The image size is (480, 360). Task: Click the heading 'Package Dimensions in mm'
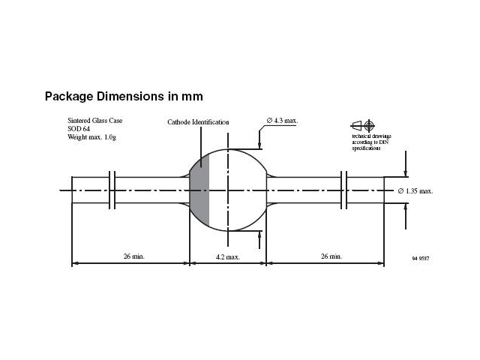point(124,97)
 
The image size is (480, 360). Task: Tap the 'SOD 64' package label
point(80,127)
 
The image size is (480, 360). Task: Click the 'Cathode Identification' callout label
point(198,122)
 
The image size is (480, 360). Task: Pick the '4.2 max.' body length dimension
point(227,256)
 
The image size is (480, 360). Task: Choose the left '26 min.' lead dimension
point(133,256)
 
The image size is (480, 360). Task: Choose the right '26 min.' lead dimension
point(330,256)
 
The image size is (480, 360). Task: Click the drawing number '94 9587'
point(421,258)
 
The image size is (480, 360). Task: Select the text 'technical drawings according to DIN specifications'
point(371,142)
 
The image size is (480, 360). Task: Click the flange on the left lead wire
point(112,190)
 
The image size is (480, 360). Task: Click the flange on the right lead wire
point(343,190)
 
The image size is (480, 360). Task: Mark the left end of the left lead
point(73,190)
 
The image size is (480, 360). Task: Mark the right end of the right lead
point(383,190)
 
